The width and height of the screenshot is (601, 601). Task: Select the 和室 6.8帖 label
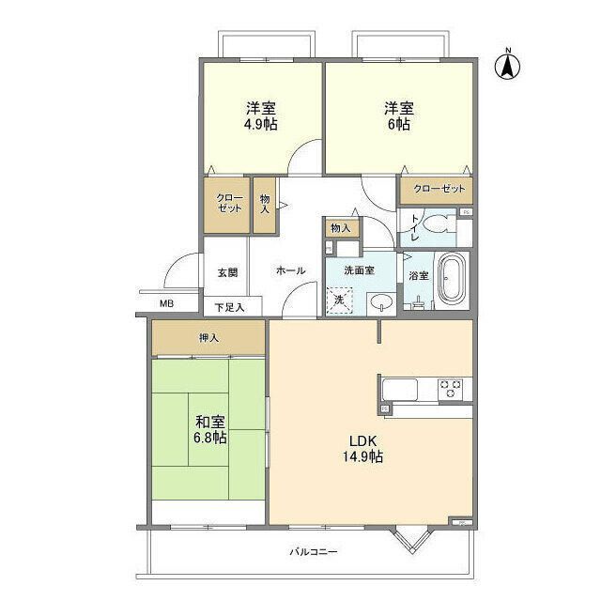[x=209, y=429]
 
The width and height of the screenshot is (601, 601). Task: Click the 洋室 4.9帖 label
[x=262, y=116]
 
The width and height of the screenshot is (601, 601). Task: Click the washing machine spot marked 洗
[x=339, y=299]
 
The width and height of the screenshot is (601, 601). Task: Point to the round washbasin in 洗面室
[x=382, y=302]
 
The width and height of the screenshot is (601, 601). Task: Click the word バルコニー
[x=313, y=551]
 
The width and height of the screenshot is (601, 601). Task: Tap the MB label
[x=165, y=303]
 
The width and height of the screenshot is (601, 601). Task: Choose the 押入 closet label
[x=208, y=337]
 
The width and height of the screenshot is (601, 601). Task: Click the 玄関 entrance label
[x=227, y=272]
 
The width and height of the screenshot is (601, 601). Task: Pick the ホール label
[x=290, y=270]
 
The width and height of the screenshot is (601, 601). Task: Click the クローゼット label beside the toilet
[x=437, y=190]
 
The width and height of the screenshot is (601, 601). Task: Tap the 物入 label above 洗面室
[x=341, y=228]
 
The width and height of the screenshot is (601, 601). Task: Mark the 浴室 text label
[x=419, y=275]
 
